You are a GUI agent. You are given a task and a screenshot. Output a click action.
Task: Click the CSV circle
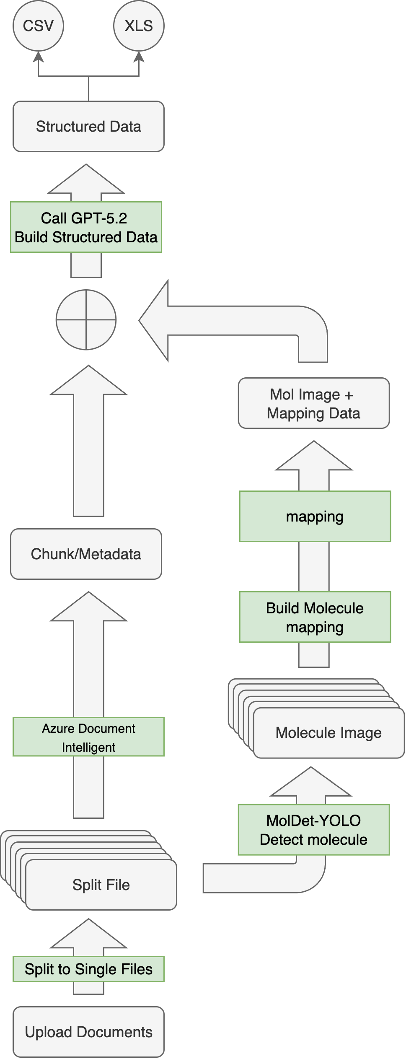click(38, 26)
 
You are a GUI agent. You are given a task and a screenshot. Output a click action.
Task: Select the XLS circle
click(139, 26)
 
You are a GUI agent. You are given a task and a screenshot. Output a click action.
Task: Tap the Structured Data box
click(88, 126)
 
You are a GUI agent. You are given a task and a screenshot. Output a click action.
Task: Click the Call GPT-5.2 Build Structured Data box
click(86, 227)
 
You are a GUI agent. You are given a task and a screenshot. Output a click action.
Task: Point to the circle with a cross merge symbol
click(86, 319)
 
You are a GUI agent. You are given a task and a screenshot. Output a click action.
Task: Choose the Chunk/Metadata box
click(86, 554)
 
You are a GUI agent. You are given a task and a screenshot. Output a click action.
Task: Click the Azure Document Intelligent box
click(88, 737)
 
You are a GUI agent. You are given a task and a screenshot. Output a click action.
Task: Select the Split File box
click(101, 885)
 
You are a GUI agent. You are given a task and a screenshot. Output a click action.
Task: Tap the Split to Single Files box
click(88, 969)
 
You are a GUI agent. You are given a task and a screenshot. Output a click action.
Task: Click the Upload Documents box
click(88, 1032)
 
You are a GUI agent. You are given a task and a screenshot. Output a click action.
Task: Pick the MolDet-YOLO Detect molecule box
click(314, 830)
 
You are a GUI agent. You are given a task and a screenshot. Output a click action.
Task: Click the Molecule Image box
click(329, 733)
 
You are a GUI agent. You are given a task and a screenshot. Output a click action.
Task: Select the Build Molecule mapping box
click(315, 617)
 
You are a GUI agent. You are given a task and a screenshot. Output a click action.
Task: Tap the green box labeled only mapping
click(315, 516)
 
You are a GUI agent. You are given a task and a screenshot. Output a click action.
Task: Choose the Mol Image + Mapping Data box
click(314, 403)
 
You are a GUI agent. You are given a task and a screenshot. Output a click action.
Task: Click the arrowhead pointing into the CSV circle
click(38, 57)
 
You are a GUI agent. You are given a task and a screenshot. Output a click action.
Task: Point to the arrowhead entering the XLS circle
click(139, 57)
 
